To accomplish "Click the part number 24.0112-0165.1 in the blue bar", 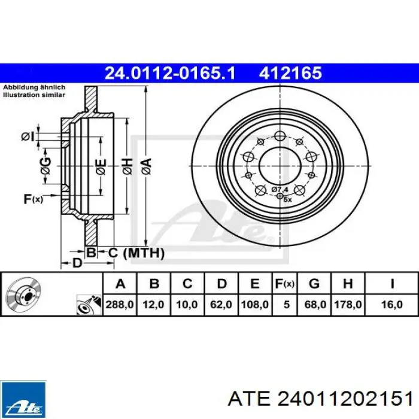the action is (x=170, y=73).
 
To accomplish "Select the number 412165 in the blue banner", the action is (x=290, y=73).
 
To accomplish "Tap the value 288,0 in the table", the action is (x=120, y=304).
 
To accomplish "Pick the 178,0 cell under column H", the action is (x=348, y=304).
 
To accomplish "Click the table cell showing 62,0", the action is (x=221, y=304).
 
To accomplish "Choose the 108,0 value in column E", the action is (x=255, y=304).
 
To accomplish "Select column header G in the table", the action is (x=314, y=284).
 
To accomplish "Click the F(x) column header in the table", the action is (x=285, y=284).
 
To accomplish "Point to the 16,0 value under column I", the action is (x=391, y=304).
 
